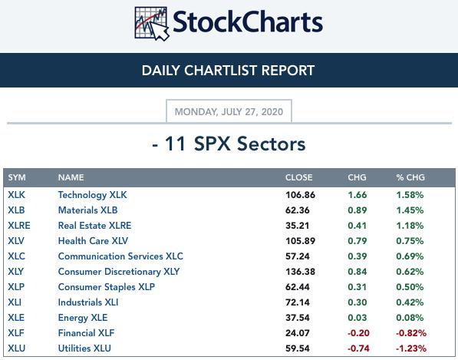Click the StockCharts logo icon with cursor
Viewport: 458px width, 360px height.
coord(152,24)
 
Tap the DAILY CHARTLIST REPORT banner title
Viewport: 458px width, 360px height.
coord(228,71)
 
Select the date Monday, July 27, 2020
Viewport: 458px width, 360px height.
coord(229,111)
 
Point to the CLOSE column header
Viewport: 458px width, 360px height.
coord(298,177)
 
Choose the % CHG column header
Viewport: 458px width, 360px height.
coord(410,177)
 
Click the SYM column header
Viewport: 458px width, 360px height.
coord(17,177)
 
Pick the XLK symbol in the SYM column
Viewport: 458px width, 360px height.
coord(16,195)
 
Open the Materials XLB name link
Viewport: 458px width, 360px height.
coord(87,210)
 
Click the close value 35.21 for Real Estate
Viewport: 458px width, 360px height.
coord(297,226)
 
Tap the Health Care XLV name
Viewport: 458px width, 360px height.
coord(93,241)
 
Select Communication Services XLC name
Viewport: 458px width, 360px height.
coord(120,256)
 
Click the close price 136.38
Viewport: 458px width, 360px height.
coord(300,272)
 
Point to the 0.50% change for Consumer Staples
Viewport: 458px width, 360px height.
coord(410,287)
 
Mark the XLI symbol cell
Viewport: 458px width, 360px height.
coord(15,302)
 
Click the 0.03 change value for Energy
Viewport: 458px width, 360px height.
coord(357,318)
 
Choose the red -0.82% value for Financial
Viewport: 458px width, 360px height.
coord(411,333)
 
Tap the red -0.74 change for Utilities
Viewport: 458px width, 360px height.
coord(358,348)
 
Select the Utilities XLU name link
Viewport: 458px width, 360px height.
coord(84,348)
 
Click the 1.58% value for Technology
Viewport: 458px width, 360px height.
coord(410,195)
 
